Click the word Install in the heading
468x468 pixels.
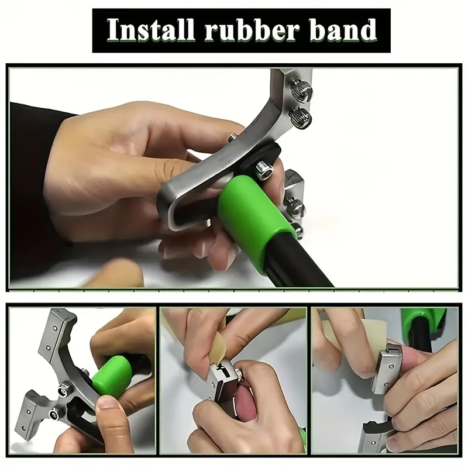click(x=151, y=30)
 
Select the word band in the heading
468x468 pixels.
click(x=343, y=30)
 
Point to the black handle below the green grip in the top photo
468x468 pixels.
click(x=298, y=263)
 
